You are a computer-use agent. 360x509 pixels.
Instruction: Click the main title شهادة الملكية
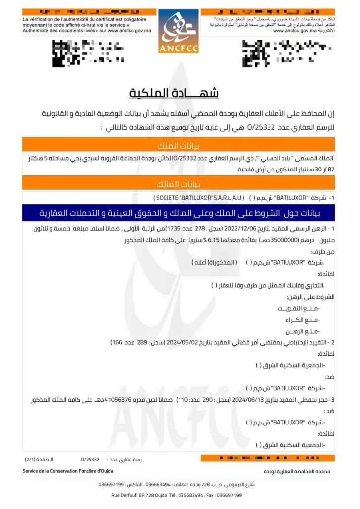(175, 93)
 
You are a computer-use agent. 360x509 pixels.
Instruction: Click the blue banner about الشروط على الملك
(180, 213)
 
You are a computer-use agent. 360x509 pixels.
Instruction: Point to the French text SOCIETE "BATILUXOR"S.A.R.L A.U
(199, 198)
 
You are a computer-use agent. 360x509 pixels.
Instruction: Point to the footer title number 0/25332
(90, 459)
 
